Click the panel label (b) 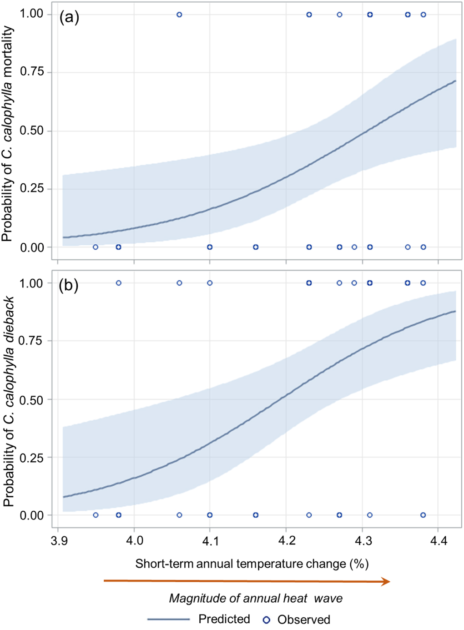point(69,286)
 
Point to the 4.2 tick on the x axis point(286,540)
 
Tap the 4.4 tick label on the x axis point(438,540)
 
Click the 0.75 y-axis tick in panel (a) point(32,72)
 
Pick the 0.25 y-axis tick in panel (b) point(32,458)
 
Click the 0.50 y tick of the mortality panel point(32,131)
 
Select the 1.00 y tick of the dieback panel point(32,283)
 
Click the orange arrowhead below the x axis point(386,581)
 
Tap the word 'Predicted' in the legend point(224,619)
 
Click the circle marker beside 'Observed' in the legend point(267,620)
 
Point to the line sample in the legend point(168,620)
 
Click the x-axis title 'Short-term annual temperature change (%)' point(252,564)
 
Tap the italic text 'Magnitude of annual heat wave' point(256,598)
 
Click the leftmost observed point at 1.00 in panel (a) point(179,15)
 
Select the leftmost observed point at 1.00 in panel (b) point(119,283)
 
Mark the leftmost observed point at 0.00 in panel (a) point(96,247)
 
